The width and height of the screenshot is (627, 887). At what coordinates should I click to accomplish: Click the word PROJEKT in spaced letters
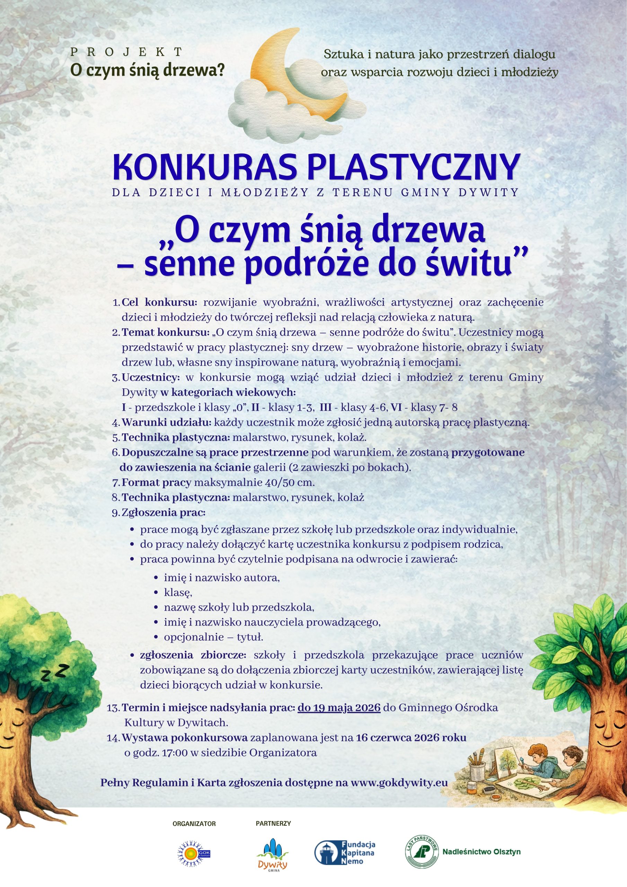[x=127, y=51]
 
